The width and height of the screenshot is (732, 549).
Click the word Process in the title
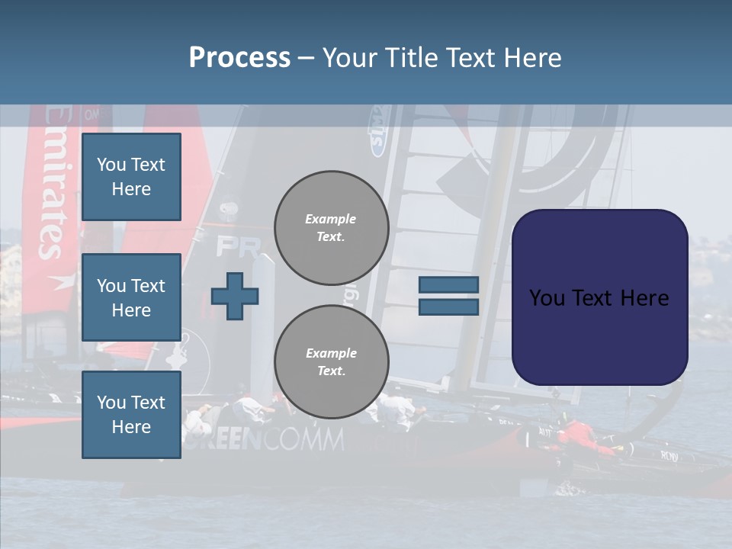[239, 57]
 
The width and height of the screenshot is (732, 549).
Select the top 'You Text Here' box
[131, 177]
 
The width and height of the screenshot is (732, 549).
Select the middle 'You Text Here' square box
[131, 297]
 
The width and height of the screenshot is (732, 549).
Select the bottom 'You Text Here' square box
[131, 415]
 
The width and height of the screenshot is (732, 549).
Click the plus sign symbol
[235, 296]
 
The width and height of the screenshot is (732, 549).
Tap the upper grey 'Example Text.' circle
[331, 228]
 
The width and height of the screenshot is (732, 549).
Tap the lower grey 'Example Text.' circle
[331, 362]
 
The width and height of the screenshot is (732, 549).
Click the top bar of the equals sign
[448, 285]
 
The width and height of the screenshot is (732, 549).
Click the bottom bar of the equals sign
[448, 307]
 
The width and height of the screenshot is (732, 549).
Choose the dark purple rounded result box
[599, 335]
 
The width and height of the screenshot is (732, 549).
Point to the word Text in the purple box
[599, 298]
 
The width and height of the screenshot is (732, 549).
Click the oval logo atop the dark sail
[377, 130]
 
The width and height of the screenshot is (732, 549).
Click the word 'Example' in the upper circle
[331, 219]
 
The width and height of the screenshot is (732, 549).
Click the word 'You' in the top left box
[111, 165]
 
